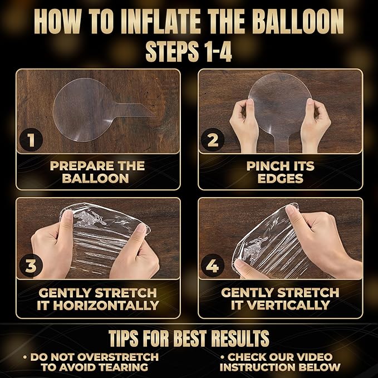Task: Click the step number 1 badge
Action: (x=31, y=140)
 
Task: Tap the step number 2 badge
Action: (x=213, y=140)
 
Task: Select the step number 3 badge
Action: (x=31, y=266)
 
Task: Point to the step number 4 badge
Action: (x=213, y=266)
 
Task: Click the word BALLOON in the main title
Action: (x=298, y=22)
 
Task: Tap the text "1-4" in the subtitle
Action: (x=217, y=52)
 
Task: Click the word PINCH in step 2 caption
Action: (x=266, y=166)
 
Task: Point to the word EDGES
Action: (x=281, y=178)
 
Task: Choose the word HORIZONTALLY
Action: (x=106, y=305)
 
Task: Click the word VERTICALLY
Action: (x=289, y=305)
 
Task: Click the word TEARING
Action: (x=124, y=367)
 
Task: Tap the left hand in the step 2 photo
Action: (x=244, y=125)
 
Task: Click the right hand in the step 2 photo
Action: (x=316, y=125)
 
